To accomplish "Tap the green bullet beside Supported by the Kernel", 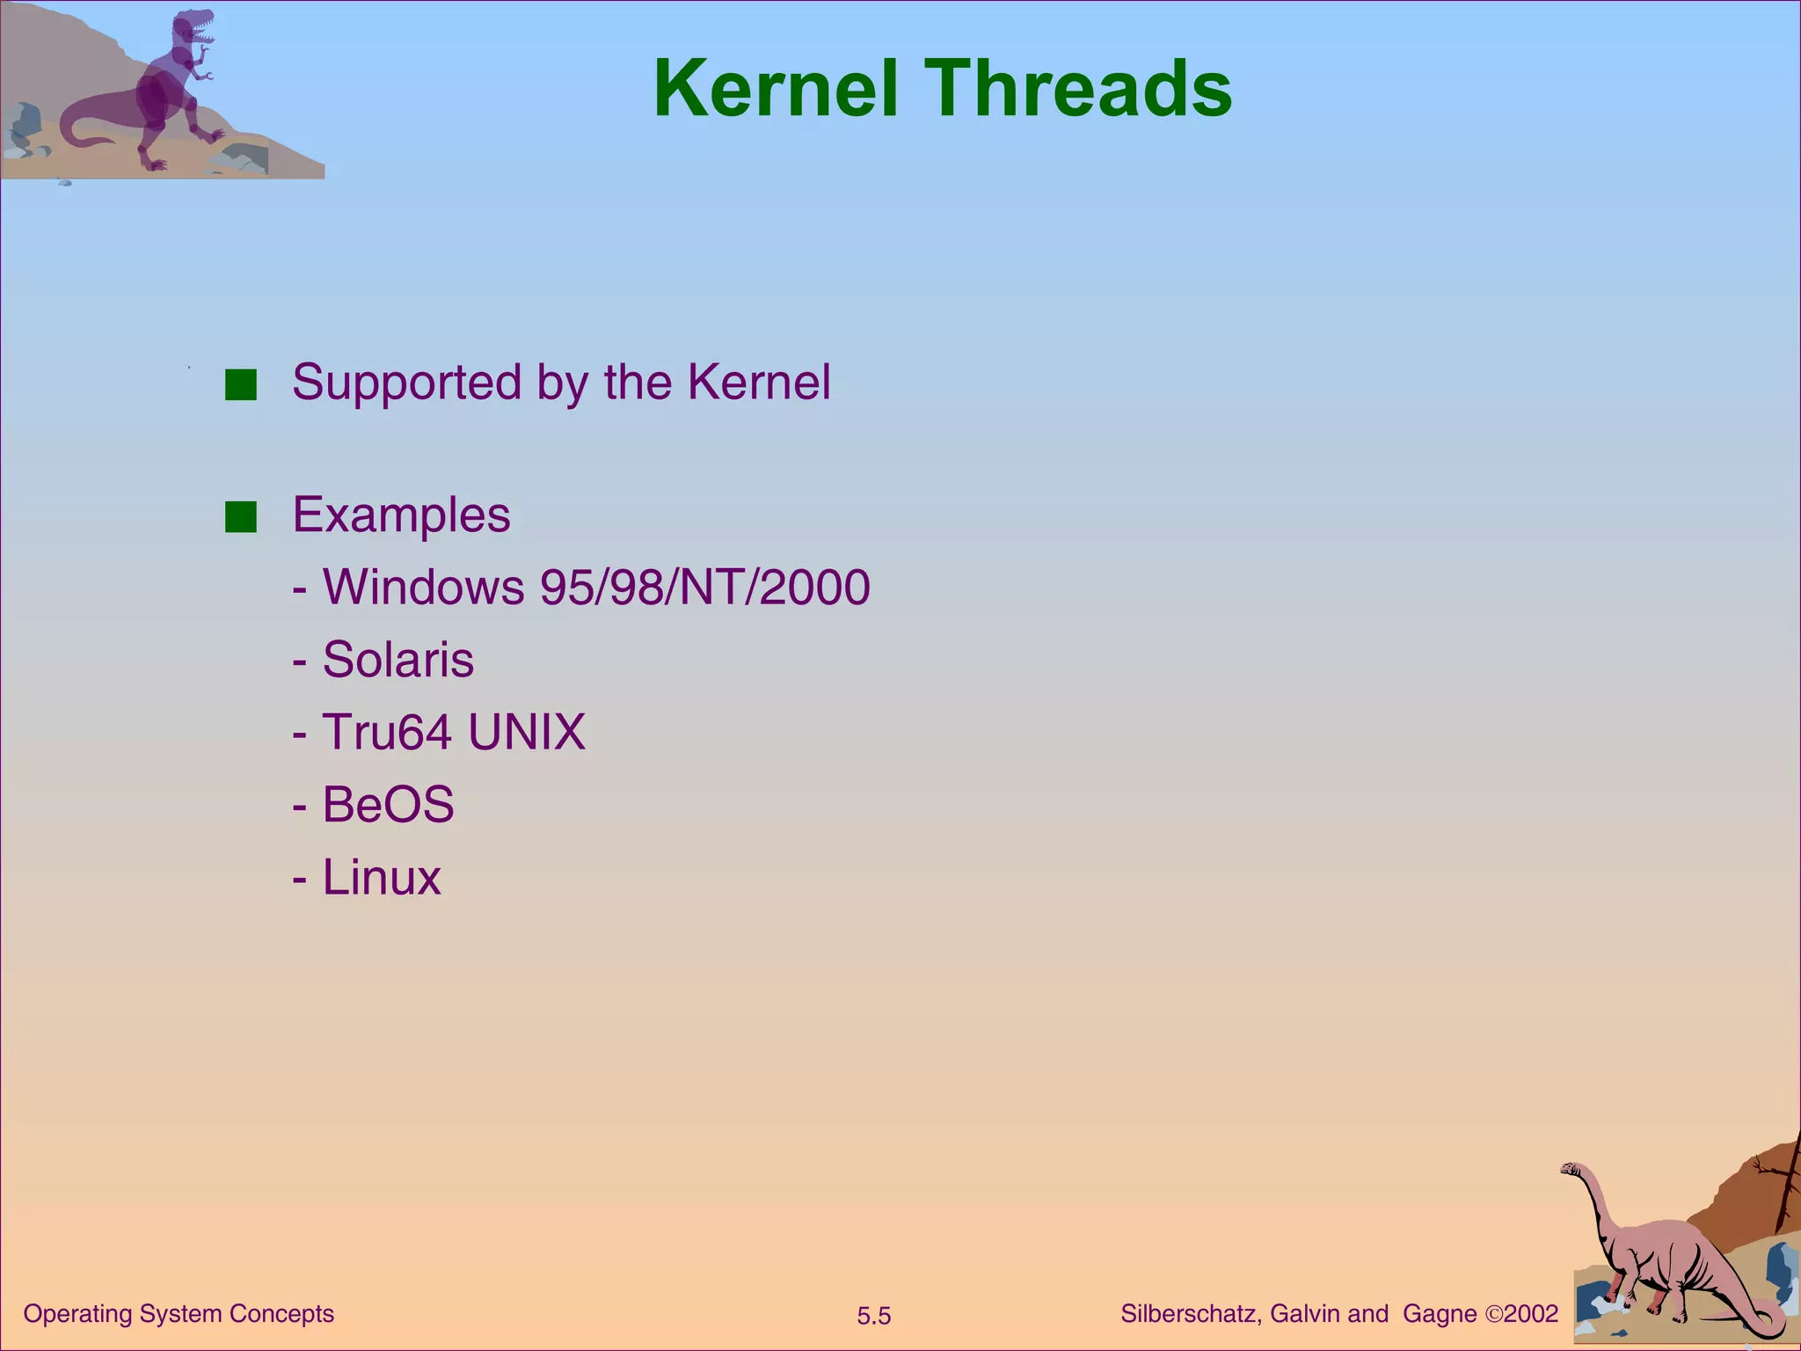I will tap(240, 385).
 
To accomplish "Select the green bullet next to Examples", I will tap(240, 517).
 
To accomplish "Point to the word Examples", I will tap(401, 515).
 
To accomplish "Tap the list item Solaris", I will tap(397, 660).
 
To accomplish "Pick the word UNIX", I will tap(526, 732).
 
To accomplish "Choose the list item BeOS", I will tap(388, 804).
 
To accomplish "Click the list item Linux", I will tap(382, 877).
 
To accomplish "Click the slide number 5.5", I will tap(874, 1316).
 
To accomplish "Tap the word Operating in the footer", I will tap(77, 1314).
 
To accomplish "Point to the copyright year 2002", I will tap(1531, 1314).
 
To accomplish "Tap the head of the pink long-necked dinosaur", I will tap(1571, 1169).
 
